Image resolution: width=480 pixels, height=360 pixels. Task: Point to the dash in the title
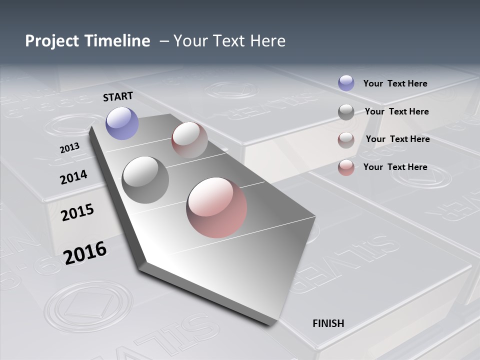(163, 41)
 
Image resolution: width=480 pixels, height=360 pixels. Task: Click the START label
(118, 96)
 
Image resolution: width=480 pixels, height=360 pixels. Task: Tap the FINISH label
(328, 323)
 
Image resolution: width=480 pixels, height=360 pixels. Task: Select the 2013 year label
(69, 148)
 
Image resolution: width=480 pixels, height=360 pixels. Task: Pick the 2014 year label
(73, 177)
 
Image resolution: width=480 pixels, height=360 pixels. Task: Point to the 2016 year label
(85, 252)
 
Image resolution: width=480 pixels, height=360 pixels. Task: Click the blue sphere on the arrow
(122, 123)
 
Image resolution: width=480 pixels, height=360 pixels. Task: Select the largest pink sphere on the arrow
(216, 207)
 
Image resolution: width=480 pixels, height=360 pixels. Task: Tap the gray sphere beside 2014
(145, 179)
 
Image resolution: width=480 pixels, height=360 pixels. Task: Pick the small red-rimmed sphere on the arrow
(189, 140)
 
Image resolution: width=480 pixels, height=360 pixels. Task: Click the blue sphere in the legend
(346, 83)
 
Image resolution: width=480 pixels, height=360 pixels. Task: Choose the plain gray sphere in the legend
(346, 112)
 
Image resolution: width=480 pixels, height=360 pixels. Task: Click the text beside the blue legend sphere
(395, 83)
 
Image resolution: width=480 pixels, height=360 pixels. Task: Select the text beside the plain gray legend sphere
(396, 111)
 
